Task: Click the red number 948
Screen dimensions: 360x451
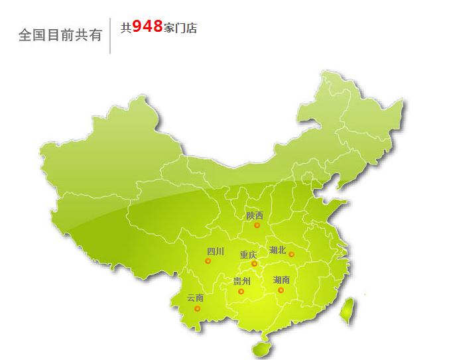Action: click(x=147, y=27)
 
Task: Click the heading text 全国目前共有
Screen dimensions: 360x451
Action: click(x=60, y=34)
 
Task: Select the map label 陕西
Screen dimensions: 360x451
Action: click(x=254, y=215)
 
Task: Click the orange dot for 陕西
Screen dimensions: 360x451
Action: click(x=257, y=225)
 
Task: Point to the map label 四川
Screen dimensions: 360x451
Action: click(x=216, y=251)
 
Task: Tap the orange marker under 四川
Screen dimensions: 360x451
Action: click(x=208, y=261)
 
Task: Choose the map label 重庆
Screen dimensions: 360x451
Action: click(x=248, y=254)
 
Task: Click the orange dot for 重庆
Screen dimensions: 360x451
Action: click(x=254, y=264)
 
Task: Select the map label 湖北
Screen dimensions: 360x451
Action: click(x=277, y=250)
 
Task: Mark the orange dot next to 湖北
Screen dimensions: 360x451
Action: click(x=291, y=254)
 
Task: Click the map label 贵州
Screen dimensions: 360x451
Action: click(x=241, y=281)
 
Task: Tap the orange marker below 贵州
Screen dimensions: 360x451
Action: click(x=241, y=291)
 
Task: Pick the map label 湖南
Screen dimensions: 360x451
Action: click(x=281, y=280)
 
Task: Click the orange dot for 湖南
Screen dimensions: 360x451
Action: click(x=281, y=290)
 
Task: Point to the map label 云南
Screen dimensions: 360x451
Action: click(x=195, y=298)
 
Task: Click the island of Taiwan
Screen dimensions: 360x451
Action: click(x=346, y=310)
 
